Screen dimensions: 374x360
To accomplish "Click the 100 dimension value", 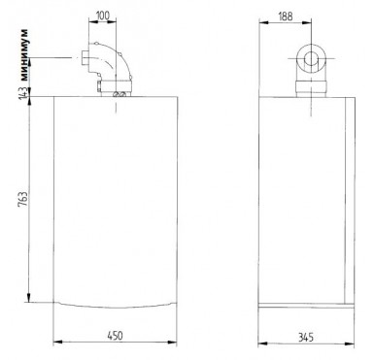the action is pyautogui.click(x=103, y=16).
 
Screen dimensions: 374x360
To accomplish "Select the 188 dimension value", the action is pyautogui.click(x=286, y=16).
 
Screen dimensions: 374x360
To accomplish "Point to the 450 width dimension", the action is pyautogui.click(x=115, y=336).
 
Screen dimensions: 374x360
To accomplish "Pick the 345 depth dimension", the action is pyautogui.click(x=306, y=338).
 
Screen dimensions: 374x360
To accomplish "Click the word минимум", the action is pyautogui.click(x=24, y=55).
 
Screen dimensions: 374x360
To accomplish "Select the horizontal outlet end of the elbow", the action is pyautogui.click(x=85, y=59).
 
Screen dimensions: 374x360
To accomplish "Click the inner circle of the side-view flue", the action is pyautogui.click(x=311, y=59).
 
